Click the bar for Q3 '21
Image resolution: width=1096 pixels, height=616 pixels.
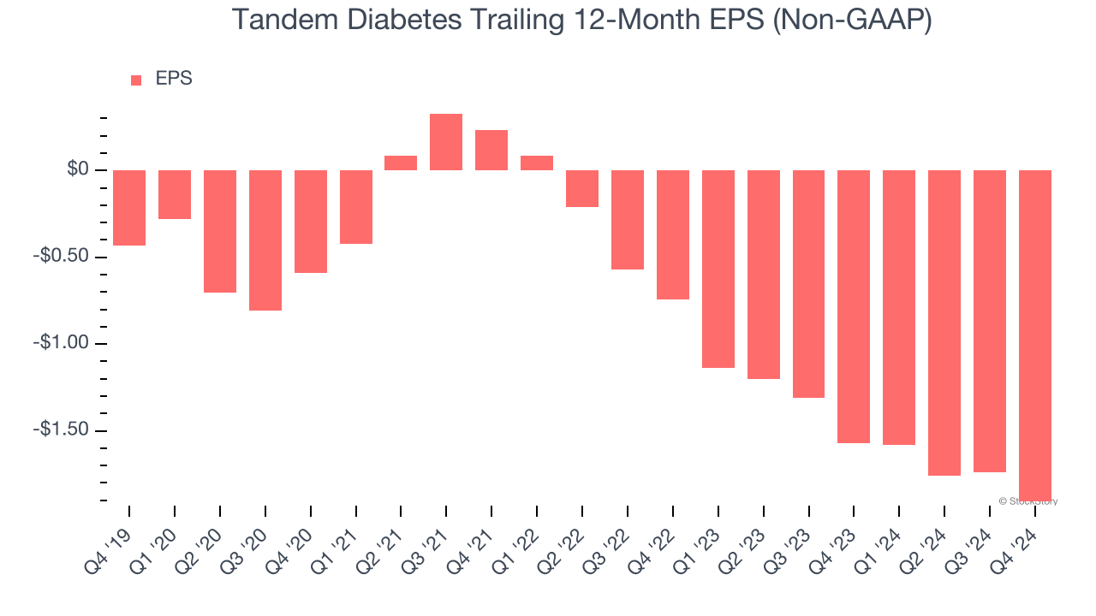[x=446, y=142]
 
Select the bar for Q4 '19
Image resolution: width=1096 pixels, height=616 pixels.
[x=129, y=208]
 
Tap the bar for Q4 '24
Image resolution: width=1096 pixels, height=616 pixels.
[x=1034, y=334]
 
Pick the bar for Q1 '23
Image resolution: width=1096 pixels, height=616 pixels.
[x=718, y=269]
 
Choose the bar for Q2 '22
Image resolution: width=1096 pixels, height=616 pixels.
[x=582, y=188]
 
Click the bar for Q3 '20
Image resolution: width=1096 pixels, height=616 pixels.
[x=265, y=240]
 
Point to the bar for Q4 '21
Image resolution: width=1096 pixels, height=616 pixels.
[x=491, y=150]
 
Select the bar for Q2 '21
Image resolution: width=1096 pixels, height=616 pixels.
[x=401, y=163]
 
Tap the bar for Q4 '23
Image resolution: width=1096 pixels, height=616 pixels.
[x=854, y=306]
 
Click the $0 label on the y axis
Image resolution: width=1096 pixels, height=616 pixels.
[x=79, y=170]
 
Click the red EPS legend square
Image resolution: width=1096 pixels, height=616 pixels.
[x=136, y=80]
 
